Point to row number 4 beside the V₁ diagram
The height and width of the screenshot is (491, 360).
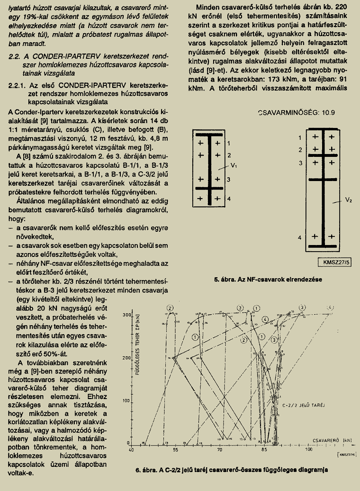[x=229, y=199]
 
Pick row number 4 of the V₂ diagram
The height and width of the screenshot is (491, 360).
[x=299, y=236]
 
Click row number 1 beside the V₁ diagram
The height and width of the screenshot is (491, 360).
[x=229, y=143]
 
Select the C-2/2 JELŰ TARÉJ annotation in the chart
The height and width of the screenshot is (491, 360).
[x=300, y=406]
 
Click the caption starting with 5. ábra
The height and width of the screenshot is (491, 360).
[x=268, y=280]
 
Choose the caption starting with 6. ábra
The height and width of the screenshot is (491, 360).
[x=232, y=470]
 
